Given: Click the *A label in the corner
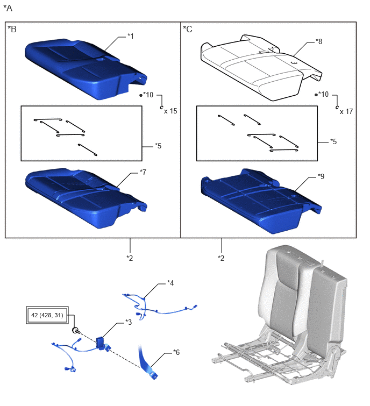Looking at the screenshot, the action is pyautogui.click(x=8, y=8).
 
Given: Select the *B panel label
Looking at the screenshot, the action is pyautogui.click(x=12, y=29).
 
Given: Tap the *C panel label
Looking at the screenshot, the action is pyautogui.click(x=188, y=29).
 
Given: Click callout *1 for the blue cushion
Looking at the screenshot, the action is pyautogui.click(x=131, y=36).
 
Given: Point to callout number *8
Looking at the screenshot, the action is pyautogui.click(x=319, y=41).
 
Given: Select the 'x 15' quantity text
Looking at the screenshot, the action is pyautogui.click(x=170, y=111).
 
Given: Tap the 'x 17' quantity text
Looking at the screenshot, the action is pyautogui.click(x=346, y=112).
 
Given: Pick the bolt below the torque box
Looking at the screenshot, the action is pyautogui.click(x=76, y=331).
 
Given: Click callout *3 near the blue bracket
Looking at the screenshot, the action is pyautogui.click(x=129, y=322).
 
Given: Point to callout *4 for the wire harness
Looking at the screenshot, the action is pyautogui.click(x=170, y=283).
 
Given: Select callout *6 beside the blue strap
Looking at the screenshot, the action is pyautogui.click(x=176, y=352).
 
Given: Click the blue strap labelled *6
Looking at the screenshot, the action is pyautogui.click(x=147, y=362).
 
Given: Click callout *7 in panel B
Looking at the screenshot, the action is pyautogui.click(x=143, y=172).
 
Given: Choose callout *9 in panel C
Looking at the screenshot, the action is pyautogui.click(x=321, y=176).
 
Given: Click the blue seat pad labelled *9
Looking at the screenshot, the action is pyautogui.click(x=260, y=201).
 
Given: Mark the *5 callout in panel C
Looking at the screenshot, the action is pyautogui.click(x=333, y=141).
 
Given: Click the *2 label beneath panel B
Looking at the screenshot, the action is pyautogui.click(x=130, y=258).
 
